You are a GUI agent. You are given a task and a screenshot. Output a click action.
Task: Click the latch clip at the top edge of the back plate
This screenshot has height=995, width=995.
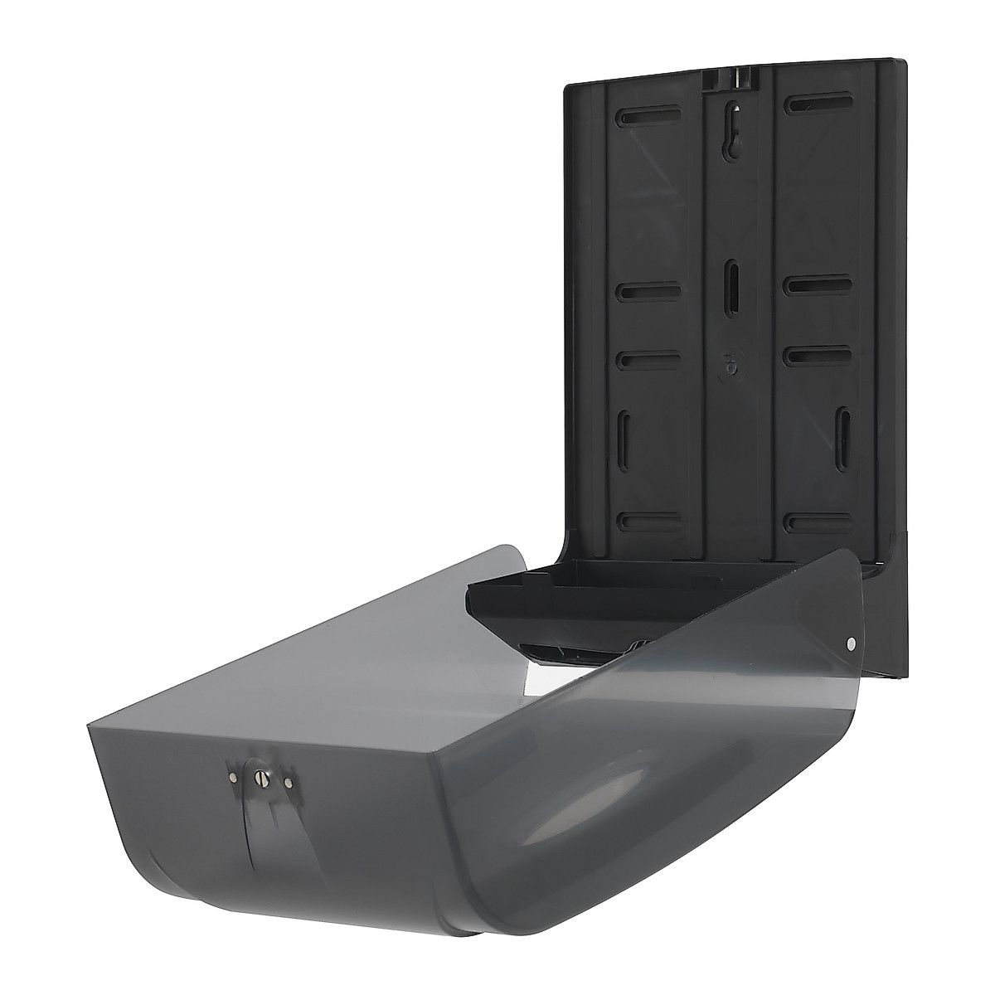pyautogui.click(x=729, y=78)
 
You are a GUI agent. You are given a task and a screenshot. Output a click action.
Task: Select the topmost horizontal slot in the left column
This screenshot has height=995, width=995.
pyautogui.click(x=648, y=118)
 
